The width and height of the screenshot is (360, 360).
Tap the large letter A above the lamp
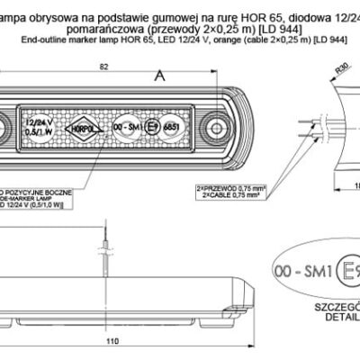(160, 79)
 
